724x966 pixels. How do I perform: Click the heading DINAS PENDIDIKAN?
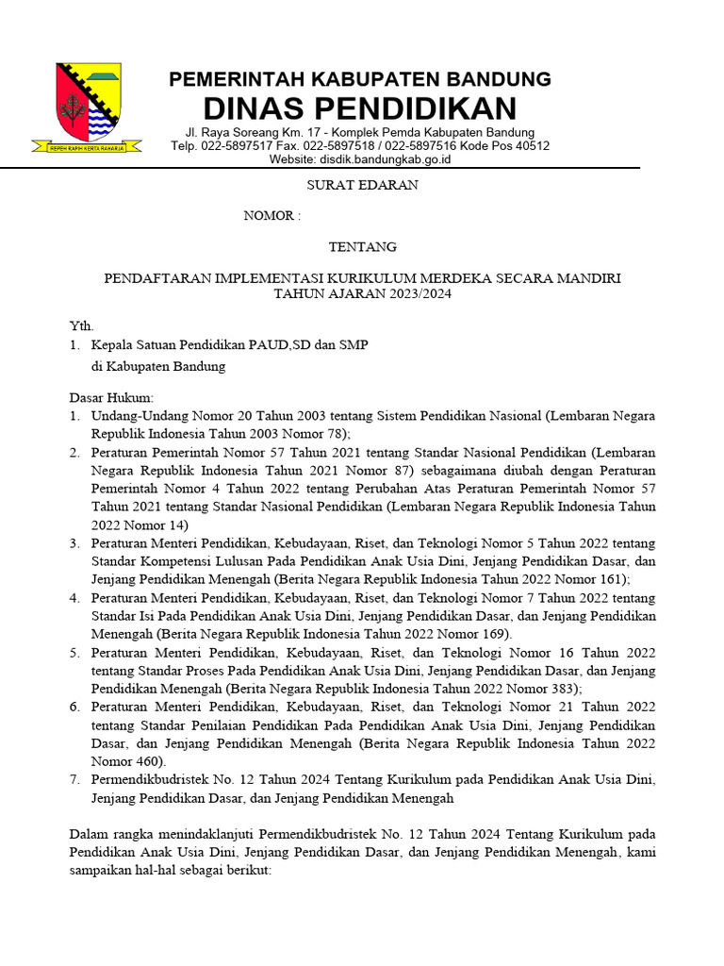click(x=360, y=108)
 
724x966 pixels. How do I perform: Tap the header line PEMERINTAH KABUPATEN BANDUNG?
click(x=360, y=79)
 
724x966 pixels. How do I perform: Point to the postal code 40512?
click(x=531, y=146)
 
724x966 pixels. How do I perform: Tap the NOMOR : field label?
click(x=272, y=216)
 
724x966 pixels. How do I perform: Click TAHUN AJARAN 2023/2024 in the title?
click(x=363, y=293)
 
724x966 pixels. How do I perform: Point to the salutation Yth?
click(x=82, y=325)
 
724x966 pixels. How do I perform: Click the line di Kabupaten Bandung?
click(x=158, y=367)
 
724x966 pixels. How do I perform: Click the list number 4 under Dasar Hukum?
click(x=74, y=598)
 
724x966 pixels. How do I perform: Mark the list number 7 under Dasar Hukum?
click(x=74, y=780)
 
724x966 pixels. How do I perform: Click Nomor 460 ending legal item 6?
click(x=126, y=761)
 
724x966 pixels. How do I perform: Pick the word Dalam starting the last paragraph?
click(x=89, y=834)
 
